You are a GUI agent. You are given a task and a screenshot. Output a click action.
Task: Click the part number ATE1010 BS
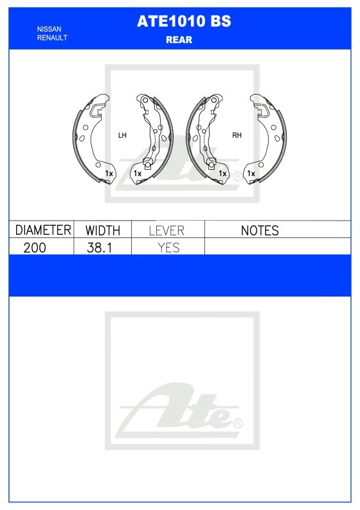pyautogui.click(x=184, y=21)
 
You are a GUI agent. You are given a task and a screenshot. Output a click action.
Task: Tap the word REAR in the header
pyautogui.click(x=179, y=40)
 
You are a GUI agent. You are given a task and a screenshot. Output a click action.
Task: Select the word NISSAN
pyautogui.click(x=49, y=30)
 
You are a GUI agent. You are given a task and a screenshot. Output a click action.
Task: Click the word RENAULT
pyautogui.click(x=52, y=38)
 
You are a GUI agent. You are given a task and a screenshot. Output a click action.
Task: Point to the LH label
pyautogui.click(x=122, y=135)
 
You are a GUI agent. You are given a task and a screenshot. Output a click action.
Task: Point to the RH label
pyautogui.click(x=237, y=135)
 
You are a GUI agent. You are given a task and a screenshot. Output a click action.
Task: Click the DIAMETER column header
pyautogui.click(x=43, y=230)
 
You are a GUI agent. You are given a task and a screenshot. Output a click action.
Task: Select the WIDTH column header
pyautogui.click(x=103, y=230)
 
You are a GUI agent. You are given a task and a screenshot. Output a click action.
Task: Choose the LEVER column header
pyautogui.click(x=166, y=231)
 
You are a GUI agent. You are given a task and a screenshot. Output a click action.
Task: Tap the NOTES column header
pyautogui.click(x=260, y=231)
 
